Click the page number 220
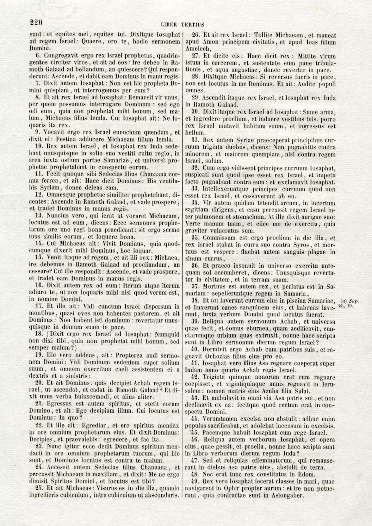click(36, 23)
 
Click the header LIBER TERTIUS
click(182, 24)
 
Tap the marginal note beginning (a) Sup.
click(348, 303)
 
